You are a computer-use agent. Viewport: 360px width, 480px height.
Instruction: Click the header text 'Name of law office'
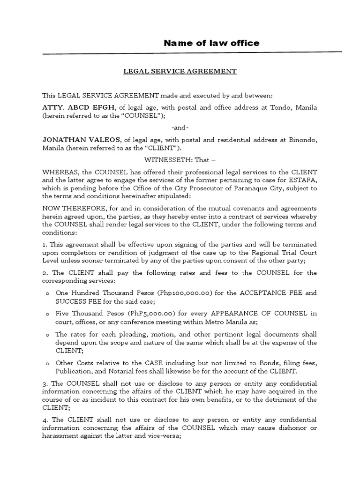pos(211,44)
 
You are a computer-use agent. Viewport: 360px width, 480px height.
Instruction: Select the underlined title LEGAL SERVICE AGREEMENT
pos(180,71)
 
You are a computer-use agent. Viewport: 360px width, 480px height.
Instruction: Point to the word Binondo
pos(302,140)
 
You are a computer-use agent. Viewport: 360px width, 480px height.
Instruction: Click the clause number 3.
pos(45,383)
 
